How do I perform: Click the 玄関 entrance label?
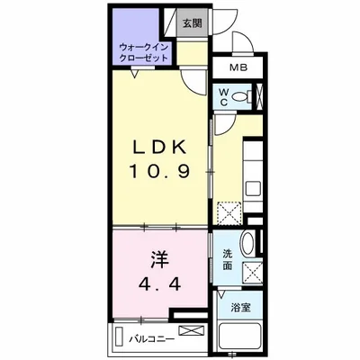click(192, 23)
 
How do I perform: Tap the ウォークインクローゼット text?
click(143, 52)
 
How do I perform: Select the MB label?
click(238, 67)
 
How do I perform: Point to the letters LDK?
click(159, 148)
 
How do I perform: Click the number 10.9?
click(159, 172)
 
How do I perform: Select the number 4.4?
click(159, 283)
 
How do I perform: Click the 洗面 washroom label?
click(228, 260)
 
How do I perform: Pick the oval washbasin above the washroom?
click(248, 243)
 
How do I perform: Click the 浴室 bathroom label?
click(240, 308)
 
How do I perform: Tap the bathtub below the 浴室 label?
click(239, 337)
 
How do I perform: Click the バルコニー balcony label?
click(152, 339)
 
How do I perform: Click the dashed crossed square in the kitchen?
click(229, 213)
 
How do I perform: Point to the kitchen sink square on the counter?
click(252, 189)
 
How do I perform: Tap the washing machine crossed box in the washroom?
click(252, 272)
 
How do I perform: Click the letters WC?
click(224, 96)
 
